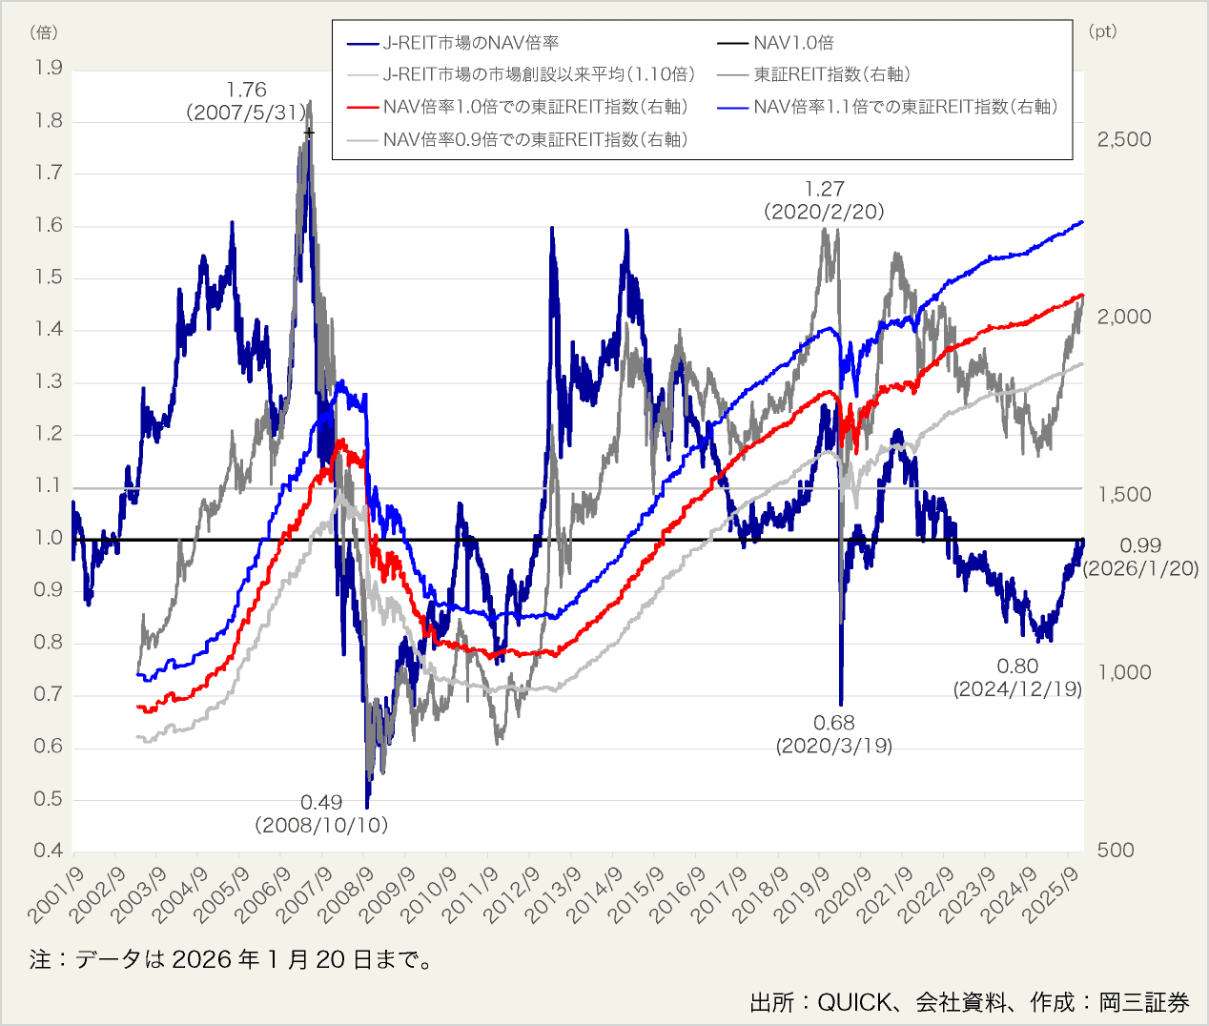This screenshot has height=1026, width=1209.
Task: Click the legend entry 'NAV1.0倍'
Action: pos(793,43)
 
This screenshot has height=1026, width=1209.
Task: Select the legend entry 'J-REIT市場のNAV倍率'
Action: pos(470,43)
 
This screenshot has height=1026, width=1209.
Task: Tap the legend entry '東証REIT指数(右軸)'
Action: pos(831,74)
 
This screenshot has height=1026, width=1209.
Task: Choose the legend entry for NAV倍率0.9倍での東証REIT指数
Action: pos(535,139)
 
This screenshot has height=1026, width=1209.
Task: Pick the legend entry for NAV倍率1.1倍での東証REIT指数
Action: pos(905,107)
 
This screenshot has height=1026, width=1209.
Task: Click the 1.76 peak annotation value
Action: pos(247,90)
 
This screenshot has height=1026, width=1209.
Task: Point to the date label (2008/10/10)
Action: pos(321,825)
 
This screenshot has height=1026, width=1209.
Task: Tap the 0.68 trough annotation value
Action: pos(834,723)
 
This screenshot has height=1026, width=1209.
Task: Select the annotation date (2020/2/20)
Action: pos(824,212)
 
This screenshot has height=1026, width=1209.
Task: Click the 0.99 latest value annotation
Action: pos(1140,545)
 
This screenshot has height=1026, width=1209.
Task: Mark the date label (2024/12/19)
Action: pos(1018,688)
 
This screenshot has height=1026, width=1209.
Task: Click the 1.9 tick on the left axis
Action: pos(48,68)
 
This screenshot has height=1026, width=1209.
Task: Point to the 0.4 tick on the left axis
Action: pos(48,851)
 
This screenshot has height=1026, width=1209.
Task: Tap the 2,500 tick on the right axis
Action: pos(1124,139)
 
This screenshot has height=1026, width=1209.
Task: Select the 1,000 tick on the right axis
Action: pos(1124,672)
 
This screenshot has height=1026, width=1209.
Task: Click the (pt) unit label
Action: pos(1102,31)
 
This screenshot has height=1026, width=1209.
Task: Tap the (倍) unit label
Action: pos(44,32)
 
